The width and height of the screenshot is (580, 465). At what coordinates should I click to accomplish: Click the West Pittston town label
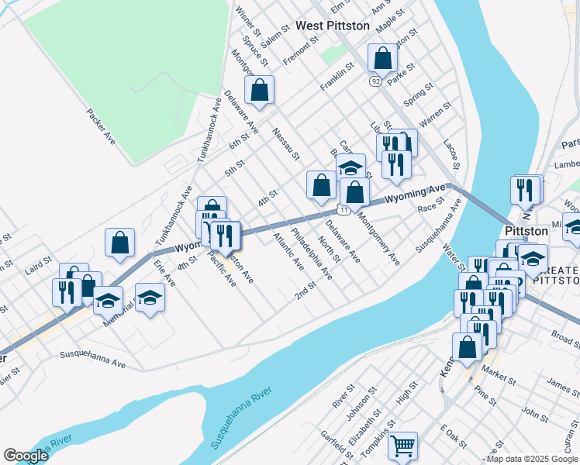[333, 26]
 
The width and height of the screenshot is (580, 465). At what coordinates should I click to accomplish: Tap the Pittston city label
[526, 231]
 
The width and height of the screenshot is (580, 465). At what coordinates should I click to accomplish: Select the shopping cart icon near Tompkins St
[402, 446]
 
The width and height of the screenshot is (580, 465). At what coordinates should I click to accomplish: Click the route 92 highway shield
[375, 81]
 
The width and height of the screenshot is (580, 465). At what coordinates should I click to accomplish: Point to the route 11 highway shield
[344, 210]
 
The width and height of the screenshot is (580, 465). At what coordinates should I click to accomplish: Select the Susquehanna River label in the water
[242, 418]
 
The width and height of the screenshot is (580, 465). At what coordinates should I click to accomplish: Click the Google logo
[26, 456]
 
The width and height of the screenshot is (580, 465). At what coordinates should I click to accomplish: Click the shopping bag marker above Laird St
[120, 242]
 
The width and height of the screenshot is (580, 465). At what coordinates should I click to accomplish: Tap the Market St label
[499, 378]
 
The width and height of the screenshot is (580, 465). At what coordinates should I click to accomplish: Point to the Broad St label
[564, 339]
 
